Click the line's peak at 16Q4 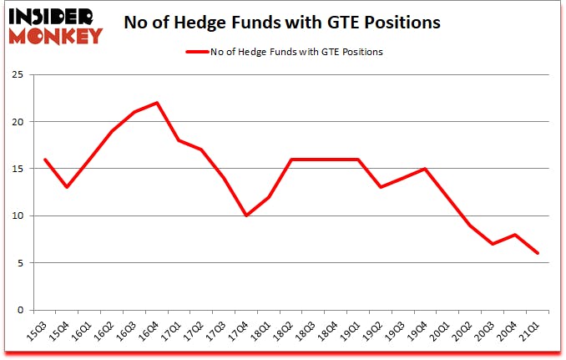point(157,103)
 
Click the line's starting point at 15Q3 point(44,160)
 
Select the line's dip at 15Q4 point(67,187)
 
